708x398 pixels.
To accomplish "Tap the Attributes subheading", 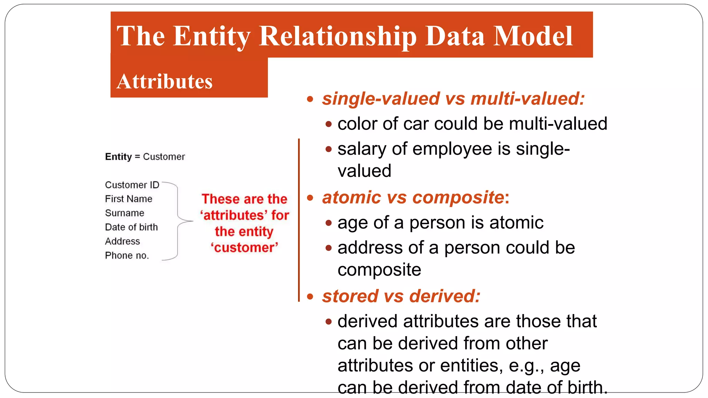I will coord(165,82).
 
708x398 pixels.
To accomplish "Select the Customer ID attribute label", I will coord(132,185).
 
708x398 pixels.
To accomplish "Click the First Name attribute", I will coord(129,199).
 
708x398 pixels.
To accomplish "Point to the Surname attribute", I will coord(124,213).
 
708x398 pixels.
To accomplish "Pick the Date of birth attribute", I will coord(131,227).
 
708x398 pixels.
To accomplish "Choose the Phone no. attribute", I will coord(127,256).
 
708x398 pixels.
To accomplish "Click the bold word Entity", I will coord(118,157).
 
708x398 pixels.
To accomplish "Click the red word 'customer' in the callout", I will coord(244,248).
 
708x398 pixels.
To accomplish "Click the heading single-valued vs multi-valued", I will coord(453,99).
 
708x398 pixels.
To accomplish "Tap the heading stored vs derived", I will coord(401,296).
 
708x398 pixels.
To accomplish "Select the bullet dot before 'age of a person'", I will coord(329,223).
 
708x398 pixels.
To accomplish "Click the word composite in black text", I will coord(379,270).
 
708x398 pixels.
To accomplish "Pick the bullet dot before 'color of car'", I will coord(329,124).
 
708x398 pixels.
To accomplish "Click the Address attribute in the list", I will coord(122,241).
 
